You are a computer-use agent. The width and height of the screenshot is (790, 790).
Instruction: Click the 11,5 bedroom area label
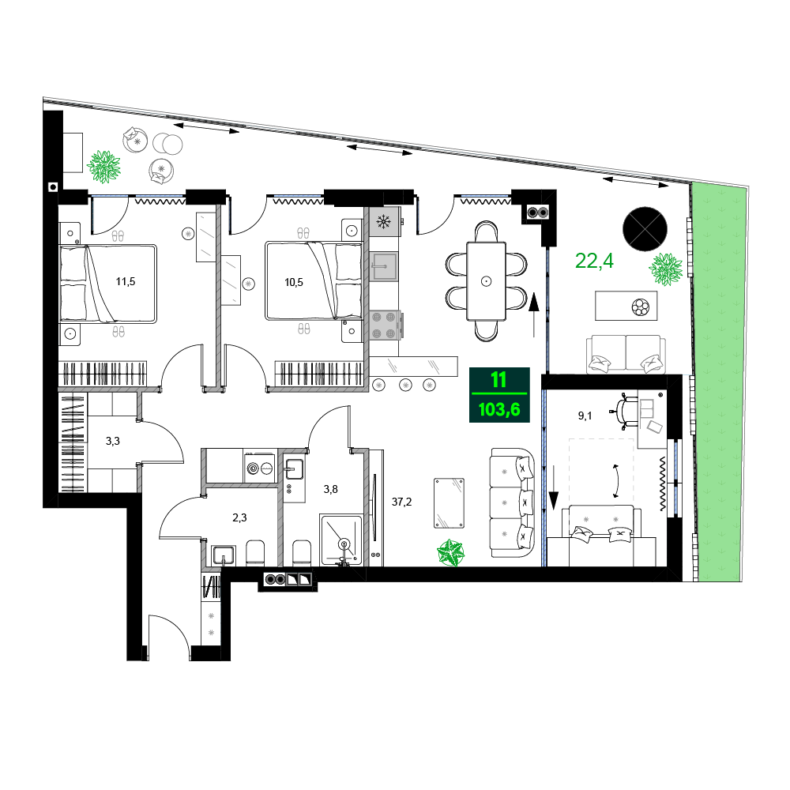click(126, 282)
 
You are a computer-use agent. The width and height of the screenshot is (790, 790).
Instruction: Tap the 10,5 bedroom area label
click(294, 282)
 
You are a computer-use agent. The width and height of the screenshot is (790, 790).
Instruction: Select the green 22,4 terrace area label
click(595, 261)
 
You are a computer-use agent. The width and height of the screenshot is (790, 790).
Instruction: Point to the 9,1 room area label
click(585, 416)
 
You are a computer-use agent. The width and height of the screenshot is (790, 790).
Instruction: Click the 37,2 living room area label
click(401, 502)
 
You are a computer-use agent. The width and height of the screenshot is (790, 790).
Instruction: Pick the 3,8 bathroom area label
click(330, 489)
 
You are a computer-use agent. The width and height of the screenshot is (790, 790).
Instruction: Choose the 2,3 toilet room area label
click(240, 517)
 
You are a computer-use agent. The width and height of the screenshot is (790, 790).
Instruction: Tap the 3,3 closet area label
click(113, 441)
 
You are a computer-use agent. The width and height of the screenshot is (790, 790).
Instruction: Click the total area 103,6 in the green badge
click(499, 409)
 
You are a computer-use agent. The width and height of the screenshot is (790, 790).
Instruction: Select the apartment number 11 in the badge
click(498, 379)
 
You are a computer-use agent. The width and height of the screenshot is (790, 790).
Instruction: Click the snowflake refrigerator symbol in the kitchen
click(385, 222)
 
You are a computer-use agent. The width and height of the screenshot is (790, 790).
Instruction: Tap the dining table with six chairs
click(486, 281)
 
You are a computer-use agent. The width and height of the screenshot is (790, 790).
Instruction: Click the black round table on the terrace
click(645, 229)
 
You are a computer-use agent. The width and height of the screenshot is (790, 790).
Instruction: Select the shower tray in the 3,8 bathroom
click(341, 540)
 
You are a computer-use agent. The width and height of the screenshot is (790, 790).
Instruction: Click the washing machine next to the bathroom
click(260, 468)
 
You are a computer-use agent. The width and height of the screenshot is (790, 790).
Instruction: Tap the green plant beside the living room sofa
click(451, 552)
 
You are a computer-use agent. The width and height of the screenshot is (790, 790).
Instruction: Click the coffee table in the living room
click(449, 503)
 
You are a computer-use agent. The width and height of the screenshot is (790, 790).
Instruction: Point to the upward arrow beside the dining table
click(534, 314)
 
